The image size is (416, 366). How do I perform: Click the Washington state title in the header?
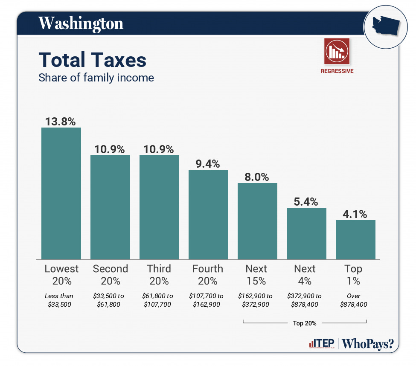[81, 23]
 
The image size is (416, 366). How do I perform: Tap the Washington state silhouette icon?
[385, 26]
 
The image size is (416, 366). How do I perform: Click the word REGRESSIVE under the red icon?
[337, 71]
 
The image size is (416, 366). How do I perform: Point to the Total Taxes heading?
[93, 60]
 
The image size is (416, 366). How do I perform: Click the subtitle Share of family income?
[96, 78]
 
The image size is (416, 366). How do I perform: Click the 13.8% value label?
[61, 122]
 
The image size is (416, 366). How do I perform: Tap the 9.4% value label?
[208, 163]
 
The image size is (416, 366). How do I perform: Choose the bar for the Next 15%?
[257, 221]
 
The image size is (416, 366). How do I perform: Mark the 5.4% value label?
[306, 201]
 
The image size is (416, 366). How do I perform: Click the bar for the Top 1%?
[355, 239]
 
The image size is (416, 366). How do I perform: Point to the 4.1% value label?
[355, 214]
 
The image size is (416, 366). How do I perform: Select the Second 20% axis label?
[110, 275]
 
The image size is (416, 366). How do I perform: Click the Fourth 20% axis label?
[208, 275]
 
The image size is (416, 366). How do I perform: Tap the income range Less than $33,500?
[59, 300]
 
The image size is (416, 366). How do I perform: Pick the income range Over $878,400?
[354, 300]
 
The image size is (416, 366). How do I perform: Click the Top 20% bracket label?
[305, 323]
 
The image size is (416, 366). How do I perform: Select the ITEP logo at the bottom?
[321, 344]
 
